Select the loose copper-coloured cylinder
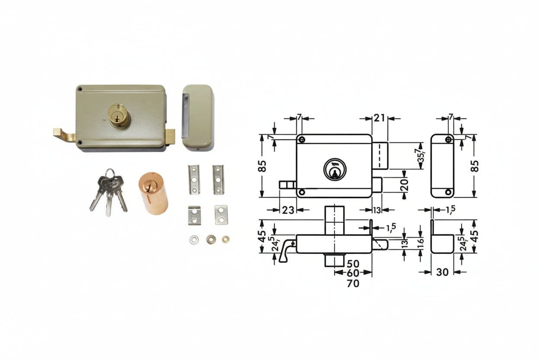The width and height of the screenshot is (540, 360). coord(153,193)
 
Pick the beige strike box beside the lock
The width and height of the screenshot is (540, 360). coord(197,118)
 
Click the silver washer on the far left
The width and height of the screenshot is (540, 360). coord(194,240)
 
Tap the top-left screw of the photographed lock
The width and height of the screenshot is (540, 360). coord(80,89)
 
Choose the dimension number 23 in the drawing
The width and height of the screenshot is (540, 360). coord(288,210)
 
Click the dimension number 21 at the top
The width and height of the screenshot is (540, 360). coord(379,118)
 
